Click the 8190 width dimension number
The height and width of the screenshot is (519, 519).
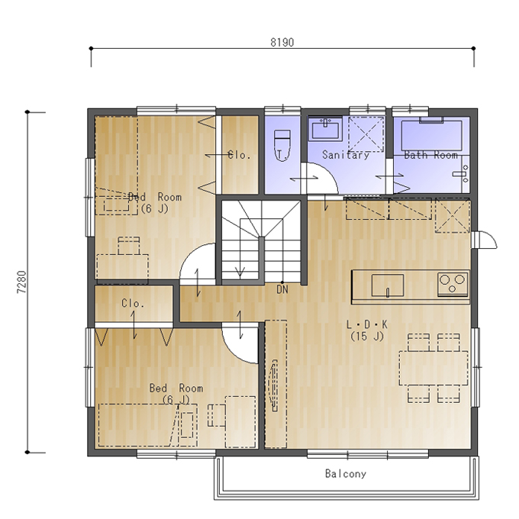point(282,43)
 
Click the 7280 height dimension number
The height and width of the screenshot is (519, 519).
point(21,282)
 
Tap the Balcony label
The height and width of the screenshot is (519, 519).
point(346,474)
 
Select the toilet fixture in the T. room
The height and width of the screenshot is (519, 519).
point(282,145)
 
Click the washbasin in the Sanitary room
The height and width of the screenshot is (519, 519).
point(326,128)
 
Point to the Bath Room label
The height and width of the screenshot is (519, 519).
point(431,155)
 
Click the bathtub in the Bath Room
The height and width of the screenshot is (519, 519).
point(432,135)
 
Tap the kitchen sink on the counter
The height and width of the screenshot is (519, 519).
point(388,285)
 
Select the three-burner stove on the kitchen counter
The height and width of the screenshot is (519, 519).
point(453,284)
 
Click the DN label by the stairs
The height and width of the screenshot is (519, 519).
point(282,289)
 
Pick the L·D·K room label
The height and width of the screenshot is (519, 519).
point(367,324)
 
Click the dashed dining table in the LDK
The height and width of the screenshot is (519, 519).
point(434,368)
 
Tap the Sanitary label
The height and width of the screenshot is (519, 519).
point(346,155)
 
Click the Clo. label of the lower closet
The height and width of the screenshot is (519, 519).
point(133,303)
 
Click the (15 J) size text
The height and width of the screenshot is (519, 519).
point(367,337)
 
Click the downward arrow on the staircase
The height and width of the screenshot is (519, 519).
point(240,272)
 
